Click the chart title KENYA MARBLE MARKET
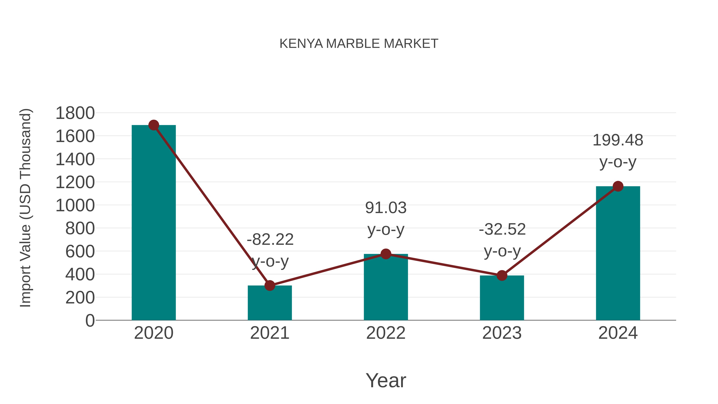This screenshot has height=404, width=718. pos(359,44)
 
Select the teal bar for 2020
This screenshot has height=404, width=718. pos(154,223)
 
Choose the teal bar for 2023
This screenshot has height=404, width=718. pos(502,298)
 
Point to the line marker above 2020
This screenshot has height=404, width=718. pos(154,125)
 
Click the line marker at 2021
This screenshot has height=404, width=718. pos(269,285)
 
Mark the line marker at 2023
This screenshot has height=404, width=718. pos(502,276)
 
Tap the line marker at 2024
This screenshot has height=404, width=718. pos(618,186)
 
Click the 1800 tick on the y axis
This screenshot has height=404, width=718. pos(75,113)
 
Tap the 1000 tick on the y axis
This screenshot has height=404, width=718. pos(75,205)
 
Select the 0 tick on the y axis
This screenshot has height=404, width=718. pos(90,321)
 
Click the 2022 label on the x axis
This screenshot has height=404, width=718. pos(386,333)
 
